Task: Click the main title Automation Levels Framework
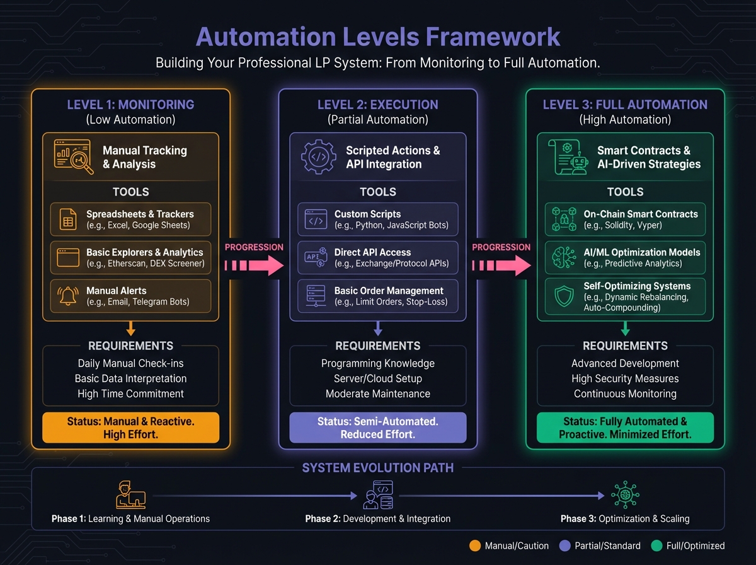pos(378,37)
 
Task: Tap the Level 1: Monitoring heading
pos(130,105)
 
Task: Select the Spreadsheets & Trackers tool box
pos(130,219)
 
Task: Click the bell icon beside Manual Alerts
pos(67,296)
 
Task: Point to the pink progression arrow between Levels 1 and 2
pos(254,264)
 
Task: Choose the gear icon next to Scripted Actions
pos(319,157)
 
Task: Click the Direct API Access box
pos(377,258)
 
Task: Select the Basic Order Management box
pos(377,296)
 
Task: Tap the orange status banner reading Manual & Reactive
pos(130,428)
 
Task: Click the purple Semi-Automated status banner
pos(377,428)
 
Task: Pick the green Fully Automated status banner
pos(625,428)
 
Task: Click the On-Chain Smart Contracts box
pos(625,219)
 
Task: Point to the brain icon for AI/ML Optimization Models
pos(562,258)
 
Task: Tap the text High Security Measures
pos(625,378)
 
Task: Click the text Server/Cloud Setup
pos(377,378)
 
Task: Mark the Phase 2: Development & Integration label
pos(377,518)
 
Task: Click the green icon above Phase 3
pos(624,495)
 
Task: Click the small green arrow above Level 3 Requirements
pos(625,329)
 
